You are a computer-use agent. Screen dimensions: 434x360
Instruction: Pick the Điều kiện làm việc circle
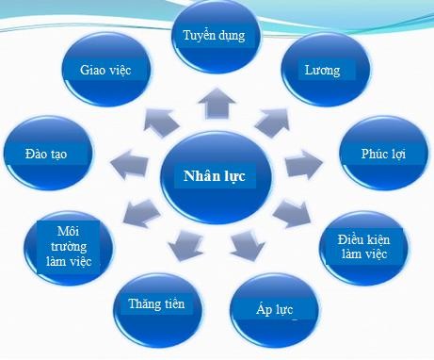click(x=375, y=247)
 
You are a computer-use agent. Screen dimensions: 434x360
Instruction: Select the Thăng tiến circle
click(x=158, y=304)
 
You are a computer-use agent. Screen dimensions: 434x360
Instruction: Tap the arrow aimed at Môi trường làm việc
click(x=137, y=213)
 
